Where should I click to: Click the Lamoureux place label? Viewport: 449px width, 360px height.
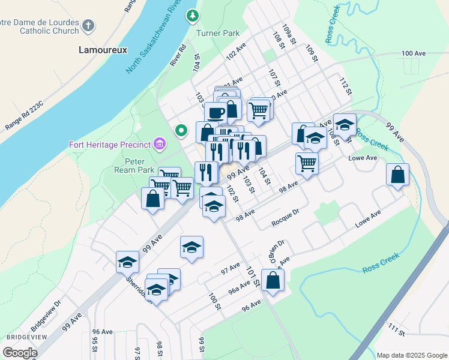[x=103, y=50]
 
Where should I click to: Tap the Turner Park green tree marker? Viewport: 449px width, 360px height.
[x=193, y=16]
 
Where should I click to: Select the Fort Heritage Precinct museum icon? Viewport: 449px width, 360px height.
[x=160, y=143]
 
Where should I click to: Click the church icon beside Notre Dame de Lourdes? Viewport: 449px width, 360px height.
[x=88, y=26]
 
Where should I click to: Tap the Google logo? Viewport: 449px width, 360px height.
[x=19, y=352]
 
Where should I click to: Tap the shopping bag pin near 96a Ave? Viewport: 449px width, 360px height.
[x=273, y=280]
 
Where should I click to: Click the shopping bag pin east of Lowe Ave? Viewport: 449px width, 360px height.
[x=397, y=175]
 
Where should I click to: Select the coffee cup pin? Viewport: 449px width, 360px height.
[x=215, y=112]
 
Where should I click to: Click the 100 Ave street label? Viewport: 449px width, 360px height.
[x=414, y=53]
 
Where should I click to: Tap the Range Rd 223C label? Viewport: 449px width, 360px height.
[x=25, y=114]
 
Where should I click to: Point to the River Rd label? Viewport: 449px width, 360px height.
[x=178, y=55]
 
